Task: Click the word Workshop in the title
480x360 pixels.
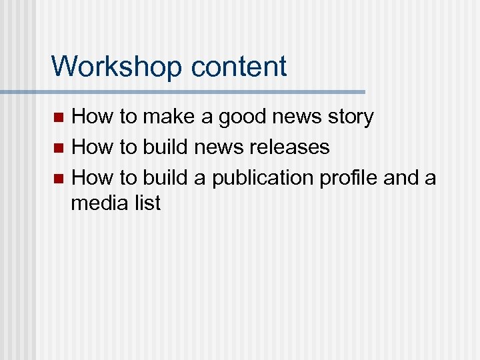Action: (x=117, y=67)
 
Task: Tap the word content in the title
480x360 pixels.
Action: (x=239, y=67)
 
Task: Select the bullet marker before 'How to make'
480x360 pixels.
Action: (x=59, y=118)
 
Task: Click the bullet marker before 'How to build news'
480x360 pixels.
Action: (x=59, y=148)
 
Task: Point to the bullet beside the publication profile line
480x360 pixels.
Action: (x=59, y=179)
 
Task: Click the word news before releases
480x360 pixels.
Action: (x=217, y=147)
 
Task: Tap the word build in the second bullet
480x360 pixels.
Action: (x=165, y=147)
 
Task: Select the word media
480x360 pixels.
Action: (x=96, y=202)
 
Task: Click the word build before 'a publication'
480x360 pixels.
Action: (x=165, y=178)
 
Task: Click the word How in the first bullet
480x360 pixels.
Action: (x=92, y=117)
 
